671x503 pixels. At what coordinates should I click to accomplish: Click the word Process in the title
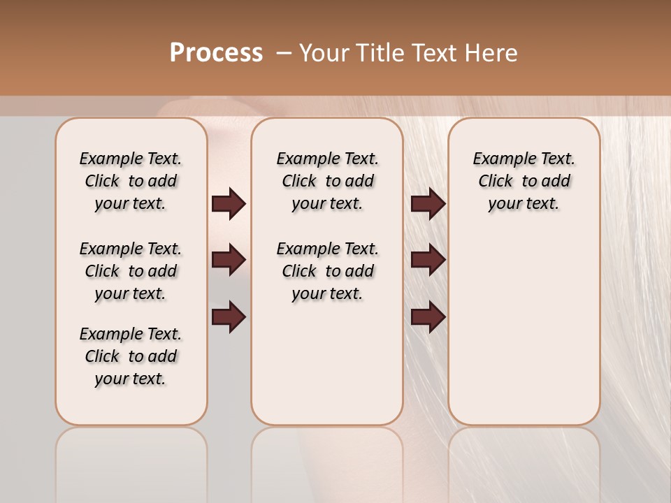point(216,53)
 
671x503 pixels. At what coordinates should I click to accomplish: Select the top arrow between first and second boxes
point(229,204)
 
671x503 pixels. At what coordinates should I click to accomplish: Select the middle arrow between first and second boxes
point(229,260)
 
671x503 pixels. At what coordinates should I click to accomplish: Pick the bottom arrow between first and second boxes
point(229,317)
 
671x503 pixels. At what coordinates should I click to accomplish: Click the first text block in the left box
point(131,181)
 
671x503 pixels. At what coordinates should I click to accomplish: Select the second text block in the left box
point(131,271)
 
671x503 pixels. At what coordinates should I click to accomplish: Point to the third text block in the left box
point(131,356)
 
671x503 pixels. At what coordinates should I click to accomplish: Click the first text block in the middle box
point(327,181)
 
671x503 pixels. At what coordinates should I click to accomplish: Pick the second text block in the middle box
point(327,271)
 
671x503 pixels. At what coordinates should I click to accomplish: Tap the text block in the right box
point(524,181)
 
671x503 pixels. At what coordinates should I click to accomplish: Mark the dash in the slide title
point(284,53)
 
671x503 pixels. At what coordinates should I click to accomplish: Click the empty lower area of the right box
point(524,328)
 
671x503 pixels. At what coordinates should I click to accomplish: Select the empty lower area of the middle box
point(327,363)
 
